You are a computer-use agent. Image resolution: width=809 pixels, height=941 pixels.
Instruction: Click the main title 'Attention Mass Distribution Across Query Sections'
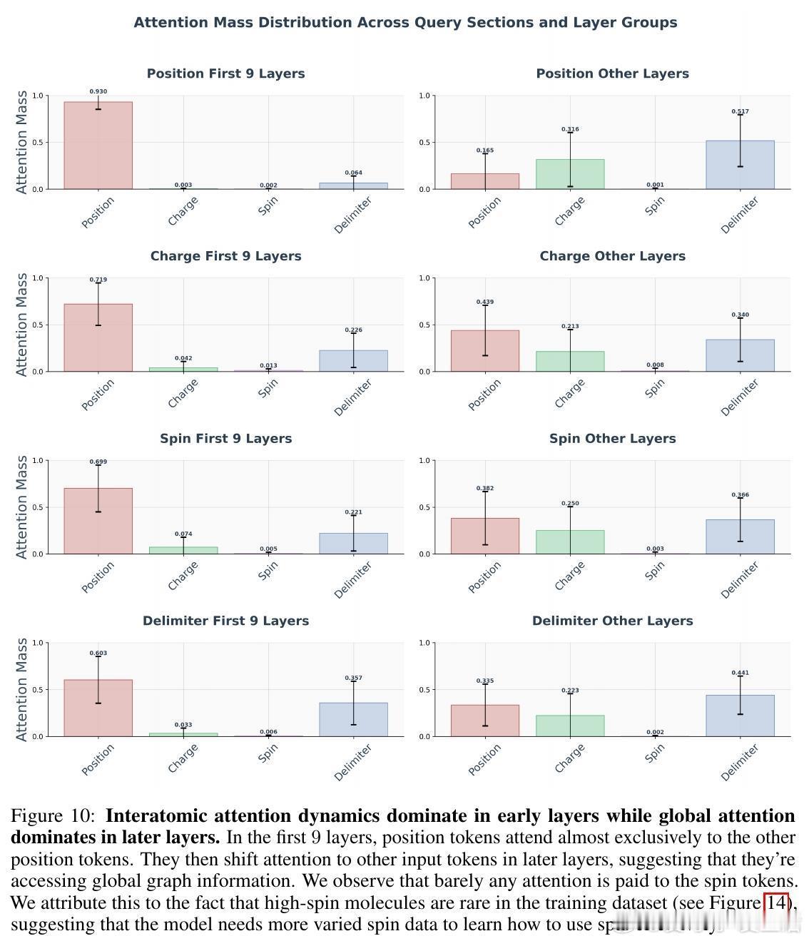405,22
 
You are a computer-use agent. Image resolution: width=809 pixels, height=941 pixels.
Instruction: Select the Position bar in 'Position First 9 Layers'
98,146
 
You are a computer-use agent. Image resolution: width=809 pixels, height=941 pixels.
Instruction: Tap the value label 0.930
98,91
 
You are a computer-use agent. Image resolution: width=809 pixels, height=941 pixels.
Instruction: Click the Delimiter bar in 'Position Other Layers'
740,165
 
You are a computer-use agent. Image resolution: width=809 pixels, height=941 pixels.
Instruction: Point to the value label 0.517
740,111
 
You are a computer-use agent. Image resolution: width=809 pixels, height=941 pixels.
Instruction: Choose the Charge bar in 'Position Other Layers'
570,174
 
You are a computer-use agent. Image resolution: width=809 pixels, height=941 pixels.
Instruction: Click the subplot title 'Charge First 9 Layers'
225,256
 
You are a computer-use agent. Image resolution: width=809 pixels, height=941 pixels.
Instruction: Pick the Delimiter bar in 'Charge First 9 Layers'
353,361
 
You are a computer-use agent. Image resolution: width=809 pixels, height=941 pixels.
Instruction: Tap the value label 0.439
485,302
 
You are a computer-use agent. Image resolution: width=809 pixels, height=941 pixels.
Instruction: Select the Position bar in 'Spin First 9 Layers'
98,521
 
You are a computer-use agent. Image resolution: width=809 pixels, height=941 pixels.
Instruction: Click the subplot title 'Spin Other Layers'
612,439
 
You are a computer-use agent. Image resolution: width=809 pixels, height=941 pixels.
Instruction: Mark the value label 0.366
740,494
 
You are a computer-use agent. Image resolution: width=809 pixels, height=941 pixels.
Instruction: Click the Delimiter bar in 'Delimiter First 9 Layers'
353,719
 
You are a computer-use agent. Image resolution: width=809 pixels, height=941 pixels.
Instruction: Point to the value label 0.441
740,673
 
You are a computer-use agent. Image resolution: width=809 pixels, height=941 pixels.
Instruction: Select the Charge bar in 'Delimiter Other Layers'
570,726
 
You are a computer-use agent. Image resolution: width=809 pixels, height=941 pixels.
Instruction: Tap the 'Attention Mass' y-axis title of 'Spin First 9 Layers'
22,507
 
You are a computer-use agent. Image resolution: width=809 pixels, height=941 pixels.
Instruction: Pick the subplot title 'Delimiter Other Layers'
612,621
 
